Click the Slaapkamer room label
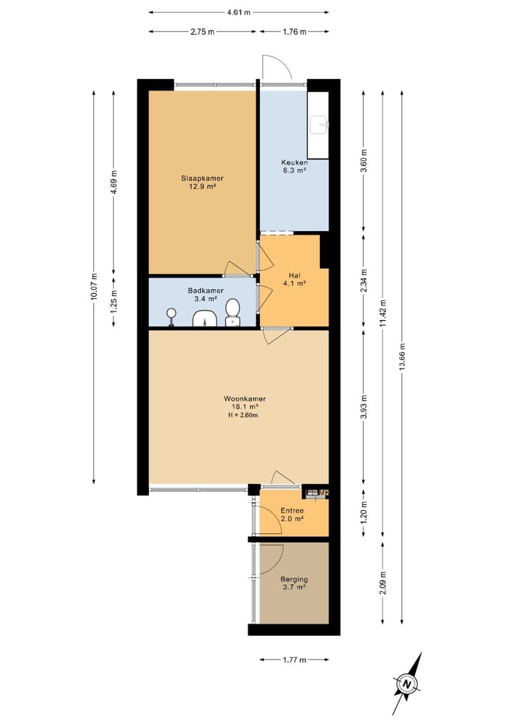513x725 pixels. tap(202, 178)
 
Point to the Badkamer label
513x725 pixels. tap(206, 291)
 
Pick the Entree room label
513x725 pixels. tap(292, 511)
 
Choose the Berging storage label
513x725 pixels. tap(293, 580)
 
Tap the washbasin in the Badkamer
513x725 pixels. tap(206, 319)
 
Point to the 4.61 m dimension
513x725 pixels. tap(239, 12)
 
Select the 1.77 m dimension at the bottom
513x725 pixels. tap(294, 660)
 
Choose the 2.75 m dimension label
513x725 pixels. tap(203, 32)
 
